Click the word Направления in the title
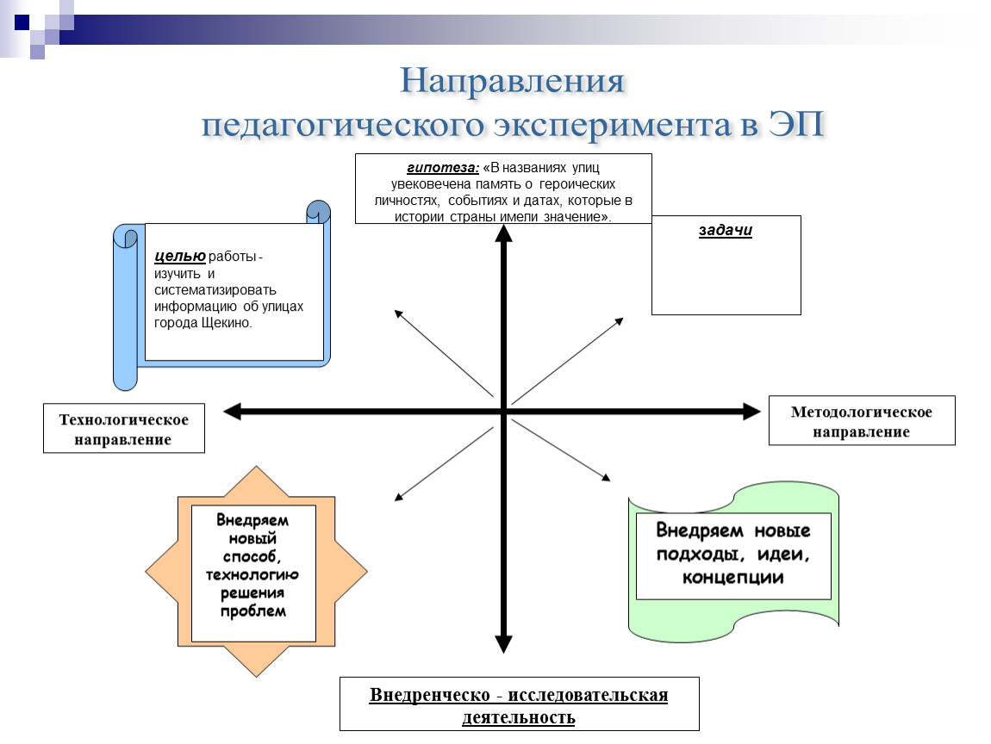pyautogui.click(x=513, y=82)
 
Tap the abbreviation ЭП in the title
pyautogui.click(x=796, y=124)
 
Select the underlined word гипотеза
pyautogui.click(x=443, y=167)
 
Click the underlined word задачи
pyautogui.click(x=726, y=230)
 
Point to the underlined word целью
pyautogui.click(x=180, y=256)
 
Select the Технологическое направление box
pyautogui.click(x=124, y=428)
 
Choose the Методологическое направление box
pyautogui.click(x=862, y=420)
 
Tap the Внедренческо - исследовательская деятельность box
pyautogui.click(x=519, y=704)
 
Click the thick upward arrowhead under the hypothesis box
pyautogui.click(x=504, y=233)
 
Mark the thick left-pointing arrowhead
pyautogui.click(x=233, y=412)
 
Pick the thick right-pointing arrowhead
pyautogui.click(x=751, y=412)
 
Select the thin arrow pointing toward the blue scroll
pyautogui.click(x=444, y=353)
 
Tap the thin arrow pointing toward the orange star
pyautogui.click(x=444, y=464)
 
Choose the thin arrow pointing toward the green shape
pyautogui.click(x=561, y=450)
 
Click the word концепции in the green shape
pyautogui.click(x=733, y=577)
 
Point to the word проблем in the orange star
pyautogui.click(x=253, y=611)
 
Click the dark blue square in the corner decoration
pyautogui.click(x=22, y=22)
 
